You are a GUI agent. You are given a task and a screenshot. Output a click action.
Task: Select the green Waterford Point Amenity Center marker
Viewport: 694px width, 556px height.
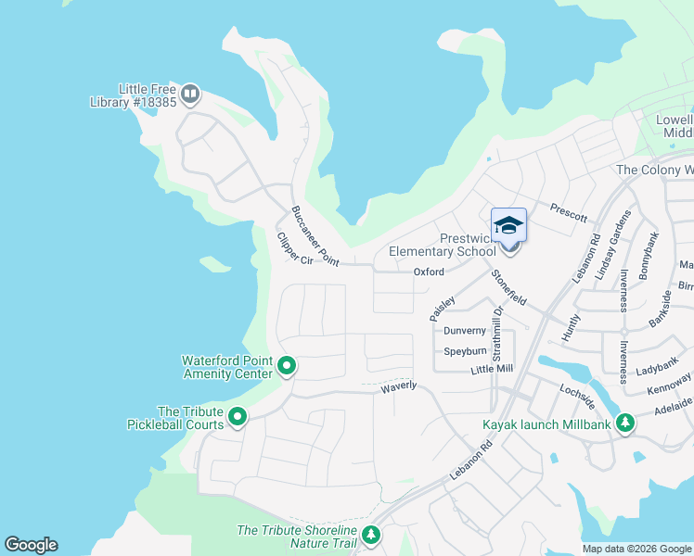pyautogui.click(x=287, y=367)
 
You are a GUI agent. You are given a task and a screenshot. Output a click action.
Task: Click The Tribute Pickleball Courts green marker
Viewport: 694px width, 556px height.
pyautogui.click(x=238, y=418)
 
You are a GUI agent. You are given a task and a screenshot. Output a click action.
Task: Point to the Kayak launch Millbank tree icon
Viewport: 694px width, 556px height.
pyautogui.click(x=626, y=423)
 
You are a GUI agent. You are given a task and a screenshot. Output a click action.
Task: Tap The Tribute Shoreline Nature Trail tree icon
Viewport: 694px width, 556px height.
pyautogui.click(x=371, y=535)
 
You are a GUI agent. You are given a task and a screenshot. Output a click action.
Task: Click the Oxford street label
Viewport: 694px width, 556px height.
pyautogui.click(x=429, y=272)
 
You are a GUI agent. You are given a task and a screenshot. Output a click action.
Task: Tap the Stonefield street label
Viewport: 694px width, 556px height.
pyautogui.click(x=508, y=288)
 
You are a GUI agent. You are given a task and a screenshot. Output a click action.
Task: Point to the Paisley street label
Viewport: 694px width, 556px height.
pyautogui.click(x=442, y=308)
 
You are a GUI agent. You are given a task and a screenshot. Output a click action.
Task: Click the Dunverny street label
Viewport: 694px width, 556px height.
pyautogui.click(x=465, y=331)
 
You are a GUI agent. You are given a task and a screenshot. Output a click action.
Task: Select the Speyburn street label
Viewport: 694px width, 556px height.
pyautogui.click(x=465, y=352)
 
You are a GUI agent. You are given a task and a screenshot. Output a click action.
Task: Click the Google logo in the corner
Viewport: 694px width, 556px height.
pyautogui.click(x=31, y=545)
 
